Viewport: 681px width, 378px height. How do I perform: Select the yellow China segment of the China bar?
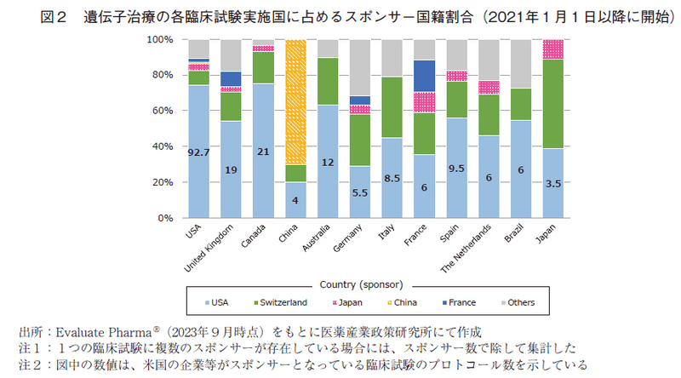pos(296,102)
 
